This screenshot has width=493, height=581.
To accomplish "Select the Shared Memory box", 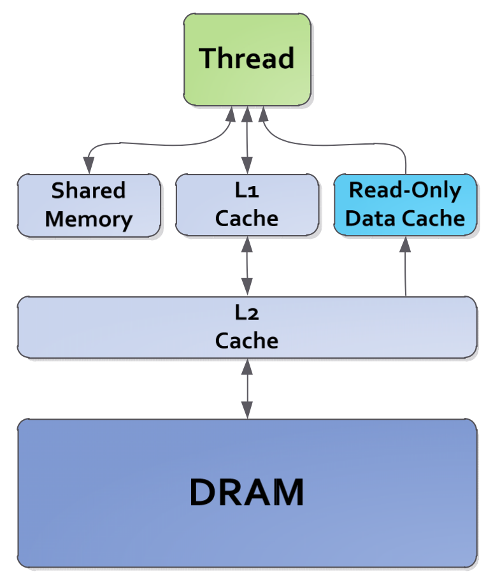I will click(89, 204).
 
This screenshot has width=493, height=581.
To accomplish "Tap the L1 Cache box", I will click(246, 204).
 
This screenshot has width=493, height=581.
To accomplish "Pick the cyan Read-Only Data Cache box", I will click(406, 204).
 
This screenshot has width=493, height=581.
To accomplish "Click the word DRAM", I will click(246, 492).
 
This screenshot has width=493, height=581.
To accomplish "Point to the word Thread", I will click(247, 59).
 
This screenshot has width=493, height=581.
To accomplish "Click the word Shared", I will click(89, 190).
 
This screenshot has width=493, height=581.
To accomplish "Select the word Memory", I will click(89, 219).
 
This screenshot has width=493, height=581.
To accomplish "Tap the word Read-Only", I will click(406, 190).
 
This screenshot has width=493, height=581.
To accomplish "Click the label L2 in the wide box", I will click(246, 313).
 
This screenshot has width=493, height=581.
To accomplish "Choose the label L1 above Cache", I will click(246, 190).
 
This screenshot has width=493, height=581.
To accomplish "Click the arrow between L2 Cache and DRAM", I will click(246, 388).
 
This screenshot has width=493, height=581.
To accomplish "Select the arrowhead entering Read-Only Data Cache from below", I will click(406, 243).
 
